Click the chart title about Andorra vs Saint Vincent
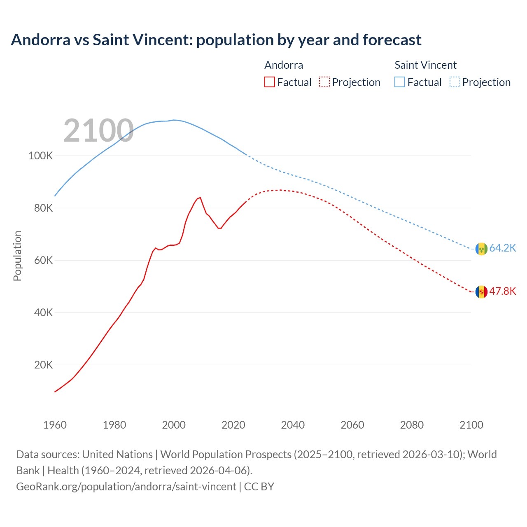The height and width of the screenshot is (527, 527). tap(216, 40)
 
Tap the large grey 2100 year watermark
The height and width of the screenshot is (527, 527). tap(98, 131)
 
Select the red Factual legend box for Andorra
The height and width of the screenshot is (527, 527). tap(270, 82)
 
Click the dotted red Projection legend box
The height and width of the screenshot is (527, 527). tap(324, 82)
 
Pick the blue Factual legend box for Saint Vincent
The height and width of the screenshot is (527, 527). tap(400, 82)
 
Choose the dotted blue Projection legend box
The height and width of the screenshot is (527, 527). tap(455, 82)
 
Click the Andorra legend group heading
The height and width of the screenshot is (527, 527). tap(284, 65)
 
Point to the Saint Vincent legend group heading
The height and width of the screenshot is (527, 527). tap(425, 65)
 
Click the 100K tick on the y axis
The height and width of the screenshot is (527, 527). tap(40, 156)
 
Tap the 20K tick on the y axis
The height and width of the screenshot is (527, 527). tap(43, 365)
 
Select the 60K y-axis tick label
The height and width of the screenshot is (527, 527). tap(43, 261)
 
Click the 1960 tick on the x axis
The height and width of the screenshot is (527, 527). tap(55, 425)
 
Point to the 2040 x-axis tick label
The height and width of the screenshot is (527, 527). tap(293, 425)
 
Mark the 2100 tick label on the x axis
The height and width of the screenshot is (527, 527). tap(471, 425)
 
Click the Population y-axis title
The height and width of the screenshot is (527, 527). tap(17, 256)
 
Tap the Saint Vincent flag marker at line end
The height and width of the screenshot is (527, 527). tap(481, 249)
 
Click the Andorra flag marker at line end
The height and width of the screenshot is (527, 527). tap(481, 292)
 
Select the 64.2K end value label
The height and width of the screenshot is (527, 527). tap(502, 248)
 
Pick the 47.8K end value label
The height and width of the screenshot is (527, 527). tap(502, 291)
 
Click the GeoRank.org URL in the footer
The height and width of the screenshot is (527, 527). tap(126, 487)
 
